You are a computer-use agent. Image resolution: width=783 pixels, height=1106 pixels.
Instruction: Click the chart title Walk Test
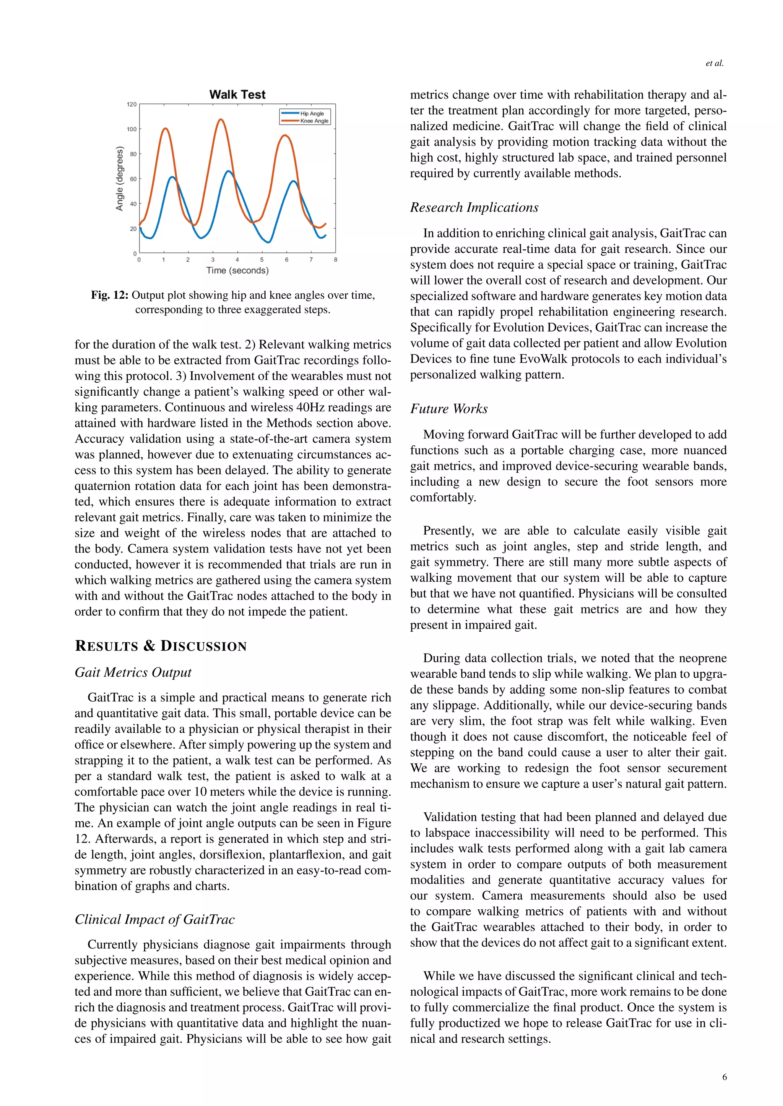point(237,95)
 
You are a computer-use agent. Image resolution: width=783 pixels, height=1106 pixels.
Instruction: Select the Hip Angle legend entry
point(312,114)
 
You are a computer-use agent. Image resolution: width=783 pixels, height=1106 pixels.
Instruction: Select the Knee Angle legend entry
point(314,121)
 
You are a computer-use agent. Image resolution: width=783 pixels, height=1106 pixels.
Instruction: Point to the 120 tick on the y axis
point(132,104)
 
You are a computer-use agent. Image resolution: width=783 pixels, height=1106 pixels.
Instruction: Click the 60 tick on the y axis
point(133,179)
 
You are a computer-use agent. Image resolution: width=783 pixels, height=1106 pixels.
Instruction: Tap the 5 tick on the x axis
point(262,260)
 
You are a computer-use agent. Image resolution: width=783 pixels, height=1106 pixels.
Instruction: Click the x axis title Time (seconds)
point(237,271)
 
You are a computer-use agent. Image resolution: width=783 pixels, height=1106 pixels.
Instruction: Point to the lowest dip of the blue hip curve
point(268,242)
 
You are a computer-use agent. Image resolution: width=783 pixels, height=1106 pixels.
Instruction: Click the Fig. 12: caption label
point(109,295)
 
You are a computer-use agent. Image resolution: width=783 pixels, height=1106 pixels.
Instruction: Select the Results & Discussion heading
point(161,646)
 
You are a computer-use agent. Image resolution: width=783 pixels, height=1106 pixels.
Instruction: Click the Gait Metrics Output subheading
point(133,673)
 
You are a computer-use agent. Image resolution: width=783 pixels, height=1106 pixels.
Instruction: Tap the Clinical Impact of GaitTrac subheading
point(154,920)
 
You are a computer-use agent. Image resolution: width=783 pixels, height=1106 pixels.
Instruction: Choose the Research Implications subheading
point(474,208)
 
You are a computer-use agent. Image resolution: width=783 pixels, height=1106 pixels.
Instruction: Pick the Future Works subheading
point(448,409)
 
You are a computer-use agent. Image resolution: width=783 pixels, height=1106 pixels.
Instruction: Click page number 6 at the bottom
point(724,1077)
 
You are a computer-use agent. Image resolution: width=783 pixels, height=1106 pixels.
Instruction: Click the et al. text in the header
point(714,63)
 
